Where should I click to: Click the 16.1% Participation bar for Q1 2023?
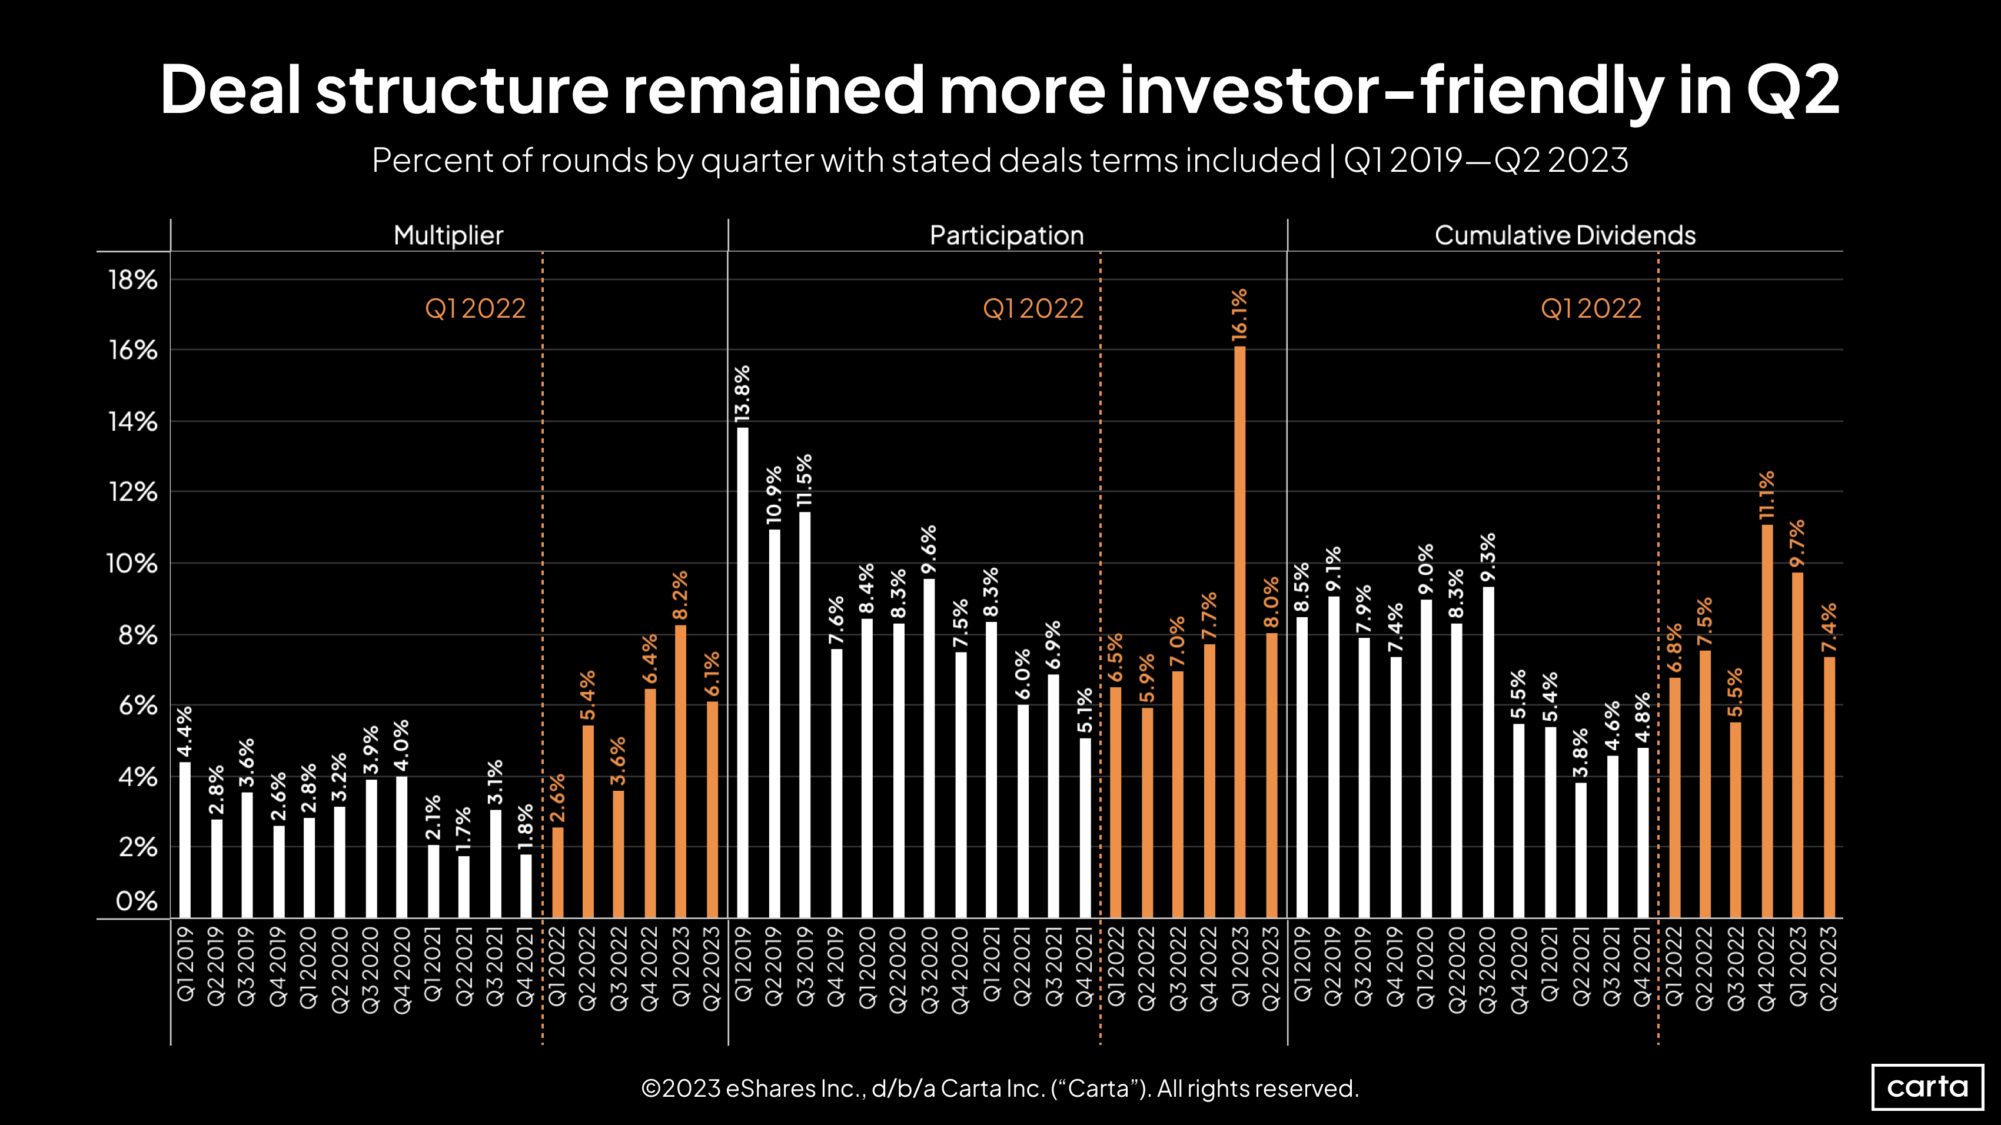pyautogui.click(x=1240, y=633)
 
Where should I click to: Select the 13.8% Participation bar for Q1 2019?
pyautogui.click(x=743, y=673)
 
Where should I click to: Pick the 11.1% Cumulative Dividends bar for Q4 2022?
pyautogui.click(x=1767, y=721)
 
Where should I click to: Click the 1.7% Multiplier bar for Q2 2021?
pyautogui.click(x=464, y=887)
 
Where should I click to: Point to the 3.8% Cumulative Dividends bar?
pyautogui.click(x=1581, y=850)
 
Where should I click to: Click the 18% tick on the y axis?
pyautogui.click(x=133, y=280)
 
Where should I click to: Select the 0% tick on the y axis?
pyautogui.click(x=137, y=901)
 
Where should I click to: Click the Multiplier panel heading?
pyautogui.click(x=448, y=235)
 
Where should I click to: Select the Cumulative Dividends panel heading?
pyautogui.click(x=1564, y=235)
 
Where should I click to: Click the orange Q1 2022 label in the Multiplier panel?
pyautogui.click(x=476, y=309)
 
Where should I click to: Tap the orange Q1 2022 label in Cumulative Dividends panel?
pyautogui.click(x=1591, y=309)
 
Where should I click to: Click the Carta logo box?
pyautogui.click(x=1927, y=1087)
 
